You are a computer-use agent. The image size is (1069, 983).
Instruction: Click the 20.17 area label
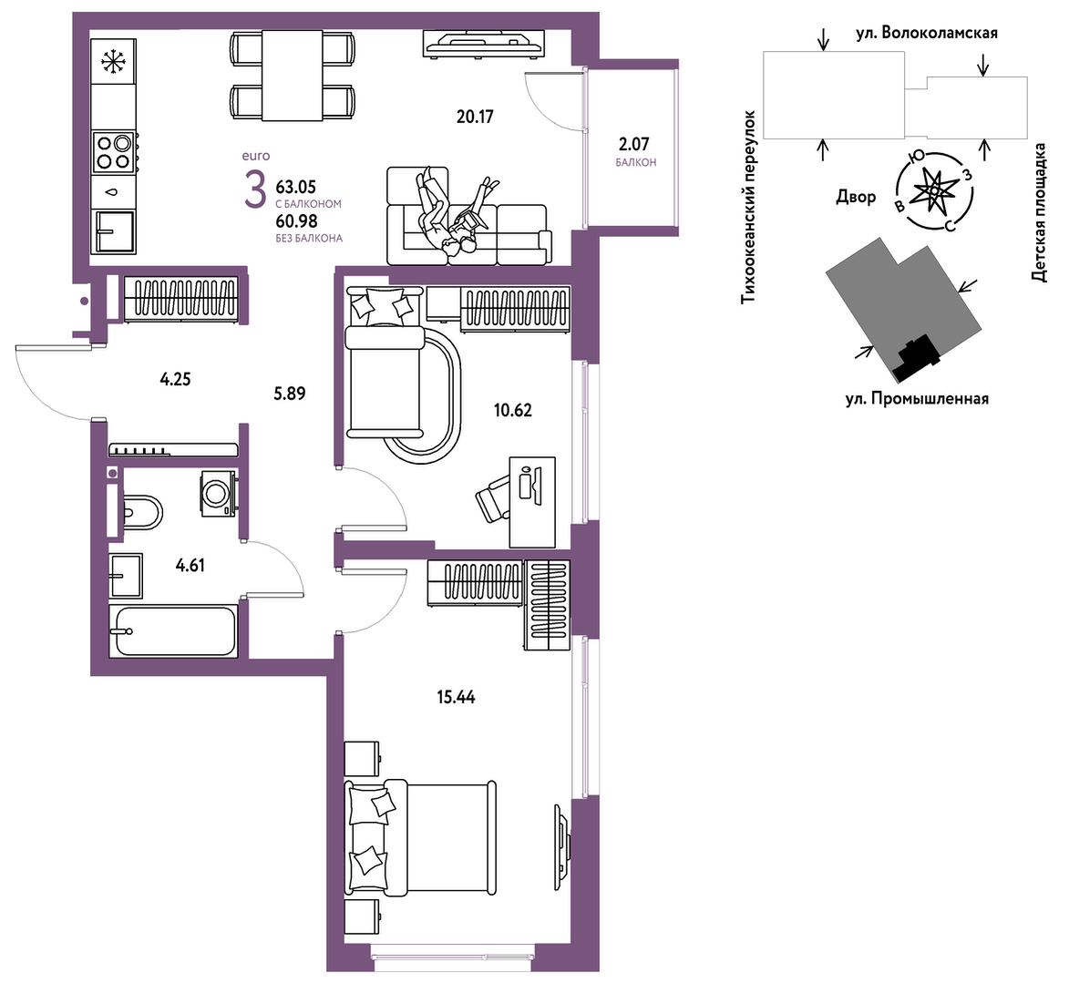[475, 117]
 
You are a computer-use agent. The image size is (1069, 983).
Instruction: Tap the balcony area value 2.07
[633, 144]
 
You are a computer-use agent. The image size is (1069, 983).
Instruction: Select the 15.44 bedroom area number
[456, 697]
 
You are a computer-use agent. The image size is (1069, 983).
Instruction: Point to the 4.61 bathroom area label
[190, 565]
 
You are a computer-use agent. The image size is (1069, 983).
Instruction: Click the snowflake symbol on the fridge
[114, 62]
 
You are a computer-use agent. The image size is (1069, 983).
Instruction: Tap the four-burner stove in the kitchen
[114, 153]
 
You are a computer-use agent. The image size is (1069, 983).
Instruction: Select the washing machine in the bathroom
[218, 492]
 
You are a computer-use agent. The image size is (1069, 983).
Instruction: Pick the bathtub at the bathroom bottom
[174, 630]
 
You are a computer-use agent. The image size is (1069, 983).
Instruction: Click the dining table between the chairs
[293, 75]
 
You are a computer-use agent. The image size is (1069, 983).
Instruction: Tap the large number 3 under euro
[256, 190]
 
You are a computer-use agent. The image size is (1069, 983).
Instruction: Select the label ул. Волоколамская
[927, 33]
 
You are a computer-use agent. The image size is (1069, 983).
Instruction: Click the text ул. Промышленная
[917, 399]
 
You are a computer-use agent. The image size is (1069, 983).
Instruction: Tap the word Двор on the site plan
[856, 198]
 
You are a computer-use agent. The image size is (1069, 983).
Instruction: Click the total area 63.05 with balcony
[296, 187]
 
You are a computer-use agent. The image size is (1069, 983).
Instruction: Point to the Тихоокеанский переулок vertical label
[749, 207]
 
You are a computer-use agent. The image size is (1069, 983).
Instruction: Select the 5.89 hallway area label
[289, 394]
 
